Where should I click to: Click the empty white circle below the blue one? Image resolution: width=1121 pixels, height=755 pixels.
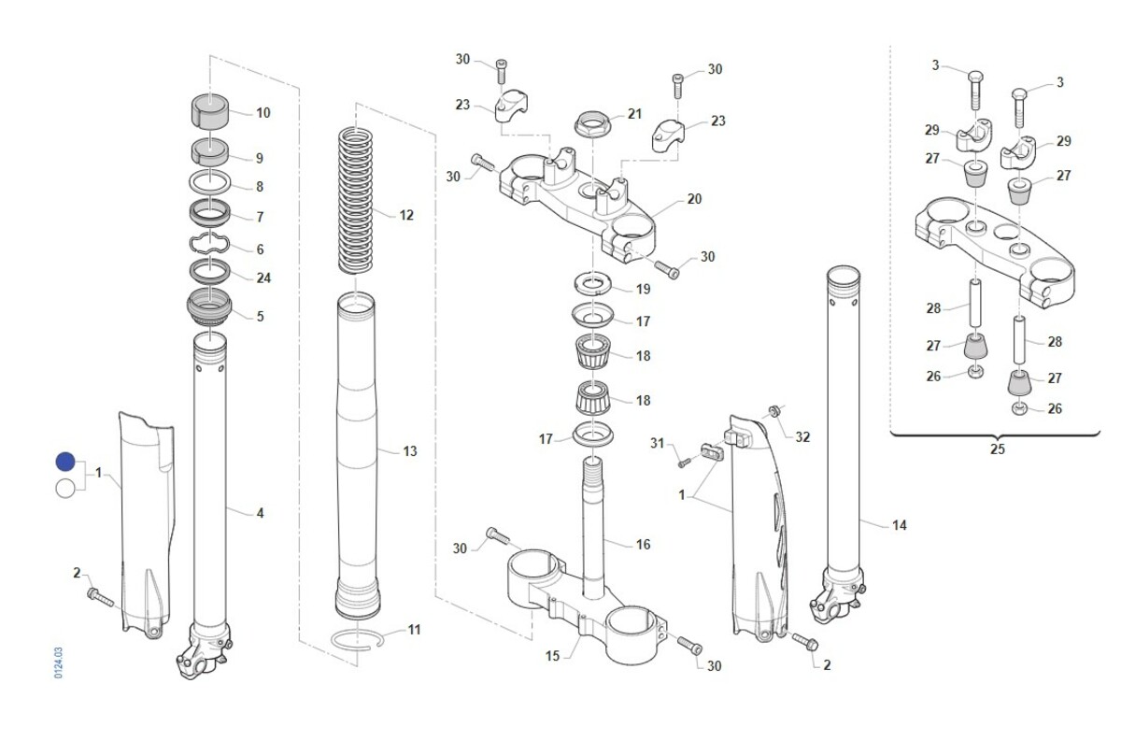point(65,488)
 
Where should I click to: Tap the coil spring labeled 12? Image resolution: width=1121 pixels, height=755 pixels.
point(355,201)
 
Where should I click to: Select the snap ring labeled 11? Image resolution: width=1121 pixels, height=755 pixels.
point(357,639)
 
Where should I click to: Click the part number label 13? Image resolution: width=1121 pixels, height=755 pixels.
point(410,451)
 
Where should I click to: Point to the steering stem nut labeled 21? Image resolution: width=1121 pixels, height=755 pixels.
point(592,124)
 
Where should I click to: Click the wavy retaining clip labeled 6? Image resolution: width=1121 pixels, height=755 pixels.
point(209,244)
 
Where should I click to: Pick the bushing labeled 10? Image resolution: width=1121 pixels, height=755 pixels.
point(210,110)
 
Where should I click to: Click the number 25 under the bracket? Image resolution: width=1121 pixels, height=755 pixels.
point(998,449)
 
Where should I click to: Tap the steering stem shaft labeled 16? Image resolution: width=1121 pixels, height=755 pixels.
point(593,528)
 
